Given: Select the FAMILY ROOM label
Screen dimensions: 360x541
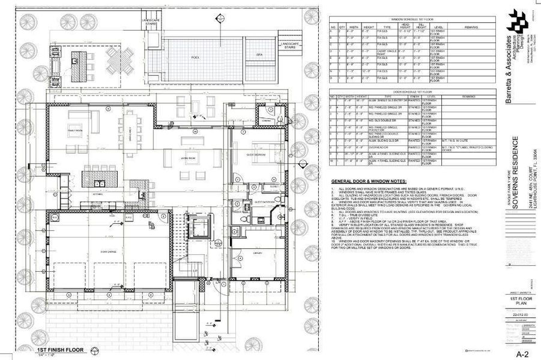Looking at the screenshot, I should (x=75, y=130).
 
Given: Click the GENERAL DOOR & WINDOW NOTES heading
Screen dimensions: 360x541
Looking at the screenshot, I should (x=369, y=182).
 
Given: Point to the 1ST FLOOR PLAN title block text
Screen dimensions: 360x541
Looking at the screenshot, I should (x=514, y=301).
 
